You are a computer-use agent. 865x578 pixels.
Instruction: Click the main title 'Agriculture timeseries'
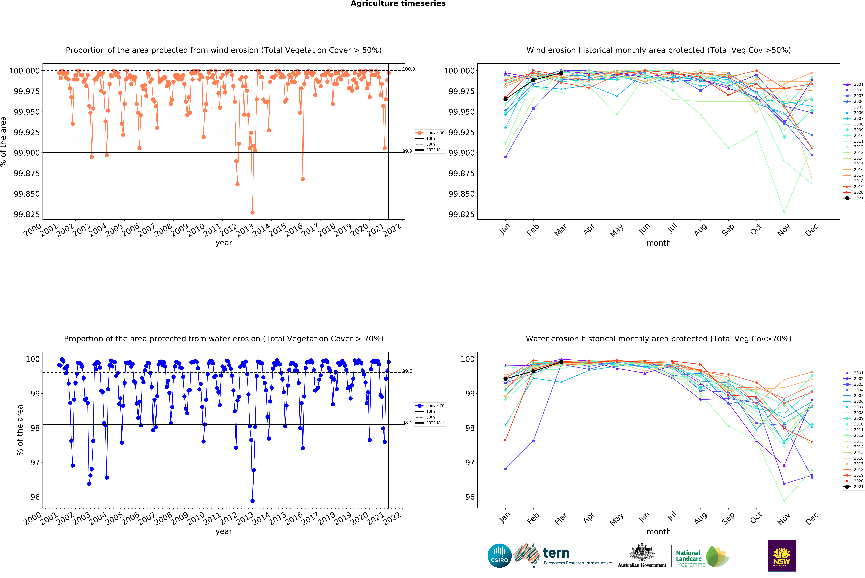pyautogui.click(x=398, y=4)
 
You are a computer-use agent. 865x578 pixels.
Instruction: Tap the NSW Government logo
pyautogui.click(x=781, y=555)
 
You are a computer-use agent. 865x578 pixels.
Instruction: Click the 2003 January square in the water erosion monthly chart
pyautogui.click(x=505, y=469)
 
